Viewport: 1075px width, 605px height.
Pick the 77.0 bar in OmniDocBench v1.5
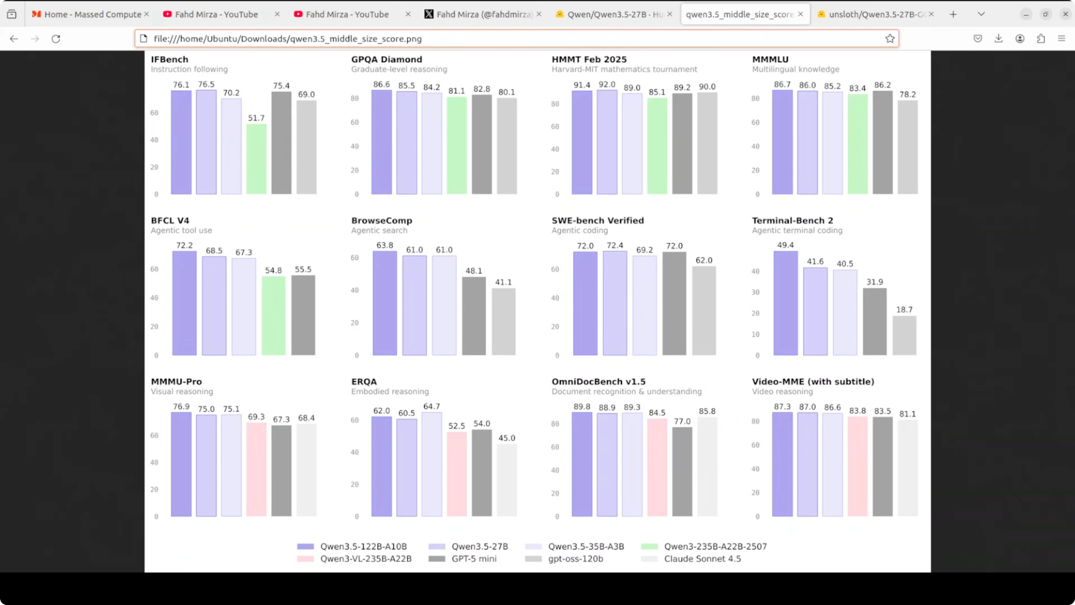click(682, 472)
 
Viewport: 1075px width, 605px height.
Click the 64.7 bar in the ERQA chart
click(431, 464)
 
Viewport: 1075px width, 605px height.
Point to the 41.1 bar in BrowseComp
click(503, 321)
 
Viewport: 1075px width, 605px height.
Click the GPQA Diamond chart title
click(386, 59)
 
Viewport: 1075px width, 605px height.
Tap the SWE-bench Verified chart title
click(598, 220)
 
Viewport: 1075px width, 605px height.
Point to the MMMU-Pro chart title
click(176, 382)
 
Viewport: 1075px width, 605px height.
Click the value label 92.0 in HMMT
click(607, 84)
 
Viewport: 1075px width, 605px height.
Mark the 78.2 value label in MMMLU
click(907, 94)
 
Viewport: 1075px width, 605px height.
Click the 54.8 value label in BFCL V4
click(273, 271)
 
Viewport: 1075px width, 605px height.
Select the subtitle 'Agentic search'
click(379, 231)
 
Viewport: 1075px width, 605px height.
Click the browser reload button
click(56, 39)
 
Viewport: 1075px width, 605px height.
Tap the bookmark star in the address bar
click(890, 39)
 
